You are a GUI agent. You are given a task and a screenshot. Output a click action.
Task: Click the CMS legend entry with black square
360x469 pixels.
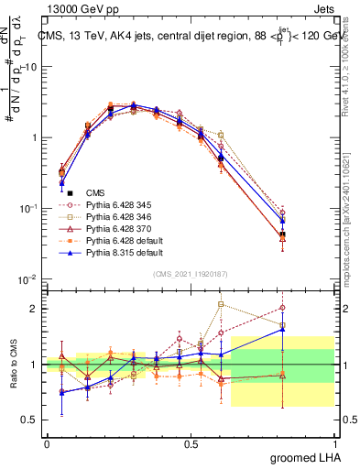click(95, 192)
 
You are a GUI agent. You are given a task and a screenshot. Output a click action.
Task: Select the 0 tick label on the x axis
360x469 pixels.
click(47, 442)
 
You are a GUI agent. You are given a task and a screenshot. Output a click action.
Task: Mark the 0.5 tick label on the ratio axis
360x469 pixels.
click(28, 420)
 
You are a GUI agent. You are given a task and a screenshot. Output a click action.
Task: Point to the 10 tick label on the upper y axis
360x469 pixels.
click(30, 67)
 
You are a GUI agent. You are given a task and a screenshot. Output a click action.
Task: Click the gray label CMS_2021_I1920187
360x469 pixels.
click(190, 274)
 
